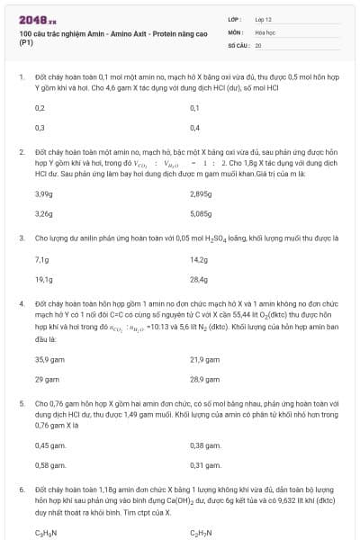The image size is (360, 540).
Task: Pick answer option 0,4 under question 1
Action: (x=195, y=128)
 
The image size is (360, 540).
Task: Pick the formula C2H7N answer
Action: (x=202, y=534)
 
